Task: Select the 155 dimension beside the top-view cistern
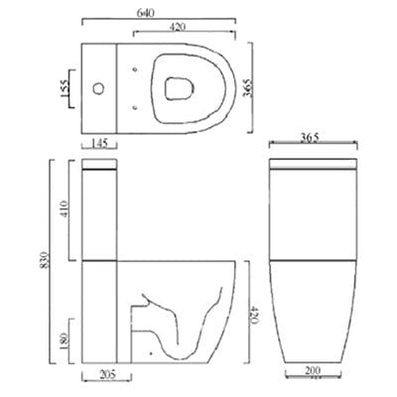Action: (63, 87)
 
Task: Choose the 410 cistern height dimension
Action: (64, 209)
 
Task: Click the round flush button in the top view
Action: (98, 88)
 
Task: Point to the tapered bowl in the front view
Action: (315, 313)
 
